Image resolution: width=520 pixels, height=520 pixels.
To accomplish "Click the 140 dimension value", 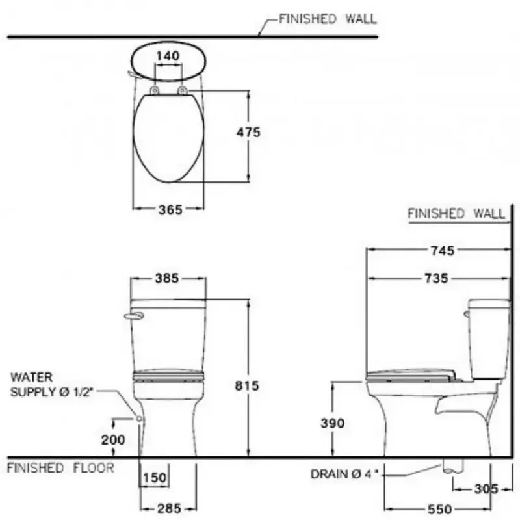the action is coord(168,56).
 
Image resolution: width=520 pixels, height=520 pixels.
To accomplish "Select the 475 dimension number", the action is coord(248,133).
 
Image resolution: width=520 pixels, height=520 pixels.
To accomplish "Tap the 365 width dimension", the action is coord(170,209).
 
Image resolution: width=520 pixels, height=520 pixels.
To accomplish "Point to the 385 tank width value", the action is coord(167,278).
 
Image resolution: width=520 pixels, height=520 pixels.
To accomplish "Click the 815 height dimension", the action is coord(247,385).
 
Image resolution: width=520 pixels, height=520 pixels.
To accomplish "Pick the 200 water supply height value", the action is coord(113,440).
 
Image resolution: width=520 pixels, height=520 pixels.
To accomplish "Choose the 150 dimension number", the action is coord(155,478).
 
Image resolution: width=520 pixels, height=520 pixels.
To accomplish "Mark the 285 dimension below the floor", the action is coord(169,508).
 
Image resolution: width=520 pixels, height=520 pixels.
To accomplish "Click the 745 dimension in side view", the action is coord(443,251).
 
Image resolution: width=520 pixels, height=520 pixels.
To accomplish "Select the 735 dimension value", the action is coord(436,278).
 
